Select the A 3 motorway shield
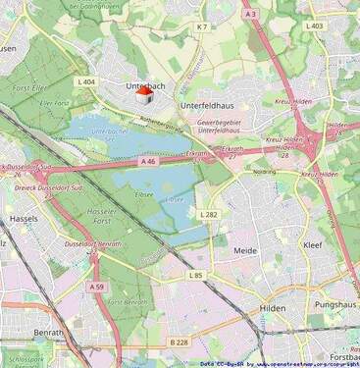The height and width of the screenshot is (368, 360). pyautogui.click(x=251, y=14)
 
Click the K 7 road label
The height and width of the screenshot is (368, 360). pyautogui.click(x=201, y=27)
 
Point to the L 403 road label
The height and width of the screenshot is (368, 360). pyautogui.click(x=314, y=25)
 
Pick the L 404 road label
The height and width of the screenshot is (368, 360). pyautogui.click(x=85, y=81)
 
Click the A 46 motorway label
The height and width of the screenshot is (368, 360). pyautogui.click(x=148, y=161)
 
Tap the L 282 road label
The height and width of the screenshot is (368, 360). pyautogui.click(x=209, y=214)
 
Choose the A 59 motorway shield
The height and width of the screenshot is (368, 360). pyautogui.click(x=96, y=287)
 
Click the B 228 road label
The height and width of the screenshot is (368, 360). pyautogui.click(x=178, y=342)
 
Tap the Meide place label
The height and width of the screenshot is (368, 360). pyautogui.click(x=245, y=251)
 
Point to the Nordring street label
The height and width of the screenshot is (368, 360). pyautogui.click(x=265, y=171)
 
